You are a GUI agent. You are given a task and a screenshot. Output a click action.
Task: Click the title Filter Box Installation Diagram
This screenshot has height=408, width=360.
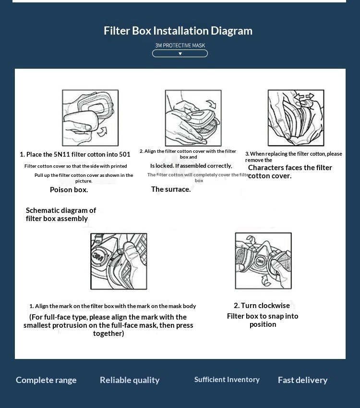tap(178, 31)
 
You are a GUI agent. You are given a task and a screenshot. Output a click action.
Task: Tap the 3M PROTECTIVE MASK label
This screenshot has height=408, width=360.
tap(180, 45)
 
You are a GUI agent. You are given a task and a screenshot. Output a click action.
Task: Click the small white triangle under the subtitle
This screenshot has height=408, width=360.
tap(180, 53)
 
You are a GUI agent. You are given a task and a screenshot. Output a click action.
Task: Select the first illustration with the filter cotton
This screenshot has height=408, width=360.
tap(90, 118)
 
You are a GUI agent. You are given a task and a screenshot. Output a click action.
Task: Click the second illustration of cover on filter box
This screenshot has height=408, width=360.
tap(193, 118)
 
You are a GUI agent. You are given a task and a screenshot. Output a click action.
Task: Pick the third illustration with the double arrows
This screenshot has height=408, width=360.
tap(296, 118)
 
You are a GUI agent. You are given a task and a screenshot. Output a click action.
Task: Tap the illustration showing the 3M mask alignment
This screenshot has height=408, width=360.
tap(119, 261)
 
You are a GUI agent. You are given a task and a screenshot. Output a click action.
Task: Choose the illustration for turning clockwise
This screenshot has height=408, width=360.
tap(263, 260)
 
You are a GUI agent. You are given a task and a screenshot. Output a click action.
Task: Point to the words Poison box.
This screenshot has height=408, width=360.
tap(69, 190)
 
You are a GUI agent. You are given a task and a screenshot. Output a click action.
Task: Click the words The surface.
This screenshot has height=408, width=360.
tap(171, 189)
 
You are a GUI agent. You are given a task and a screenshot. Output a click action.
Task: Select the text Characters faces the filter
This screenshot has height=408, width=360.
tap(290, 168)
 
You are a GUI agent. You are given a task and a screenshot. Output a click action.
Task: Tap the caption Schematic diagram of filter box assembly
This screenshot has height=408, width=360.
tap(60, 214)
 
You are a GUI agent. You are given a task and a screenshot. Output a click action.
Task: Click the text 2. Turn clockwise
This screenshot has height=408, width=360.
tap(262, 306)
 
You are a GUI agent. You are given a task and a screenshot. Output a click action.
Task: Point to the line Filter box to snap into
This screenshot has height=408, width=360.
tap(263, 316)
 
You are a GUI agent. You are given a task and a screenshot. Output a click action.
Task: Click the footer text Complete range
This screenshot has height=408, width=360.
tap(46, 380)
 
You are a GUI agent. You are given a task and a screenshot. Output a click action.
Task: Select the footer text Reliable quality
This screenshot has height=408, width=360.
tap(130, 380)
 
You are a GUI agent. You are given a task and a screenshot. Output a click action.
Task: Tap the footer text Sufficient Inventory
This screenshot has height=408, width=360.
tap(227, 380)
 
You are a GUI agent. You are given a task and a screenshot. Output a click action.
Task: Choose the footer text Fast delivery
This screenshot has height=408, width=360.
tap(302, 380)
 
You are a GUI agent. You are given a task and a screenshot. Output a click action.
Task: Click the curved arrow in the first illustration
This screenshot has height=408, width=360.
tap(102, 130)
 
